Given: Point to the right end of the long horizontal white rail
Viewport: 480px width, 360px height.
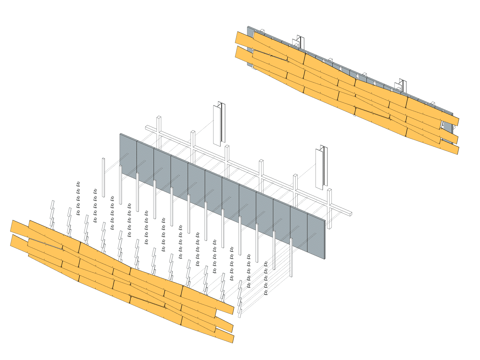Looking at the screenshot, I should [350, 213].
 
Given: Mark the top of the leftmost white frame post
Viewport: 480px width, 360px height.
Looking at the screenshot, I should [159, 117].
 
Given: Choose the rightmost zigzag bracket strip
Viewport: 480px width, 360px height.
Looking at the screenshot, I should [240, 299].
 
